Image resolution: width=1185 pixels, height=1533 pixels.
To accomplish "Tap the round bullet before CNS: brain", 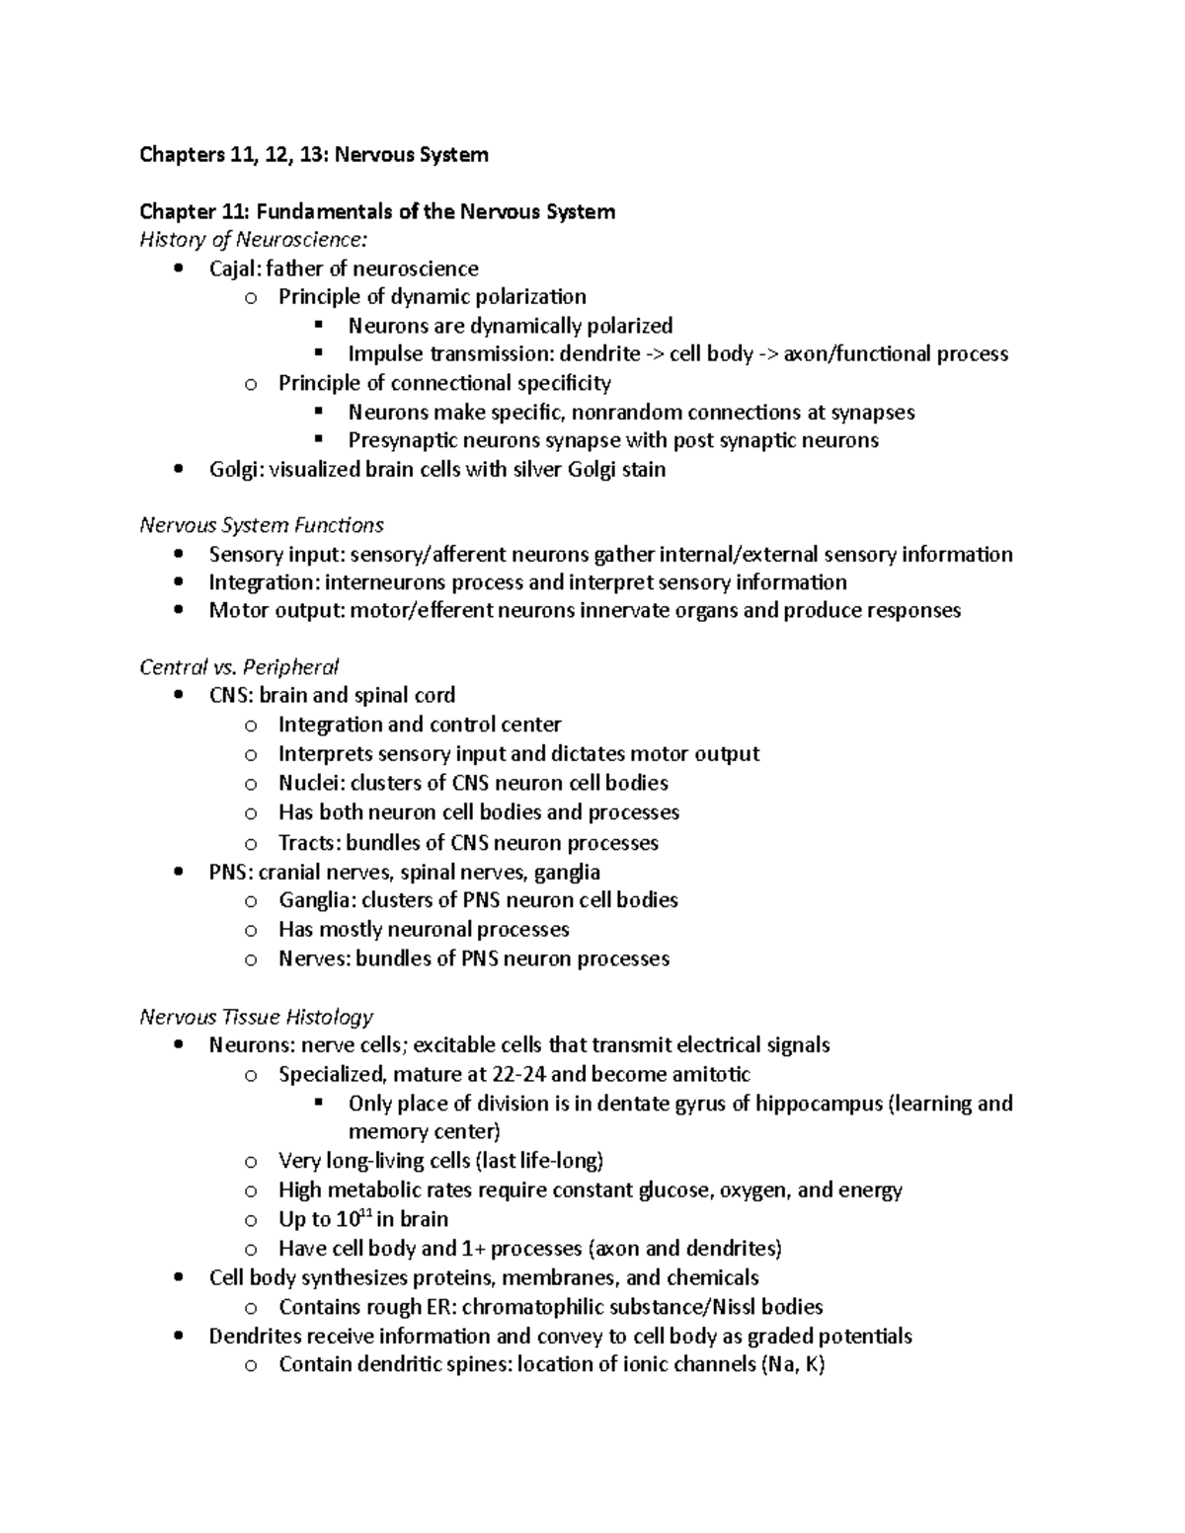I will (x=178, y=695).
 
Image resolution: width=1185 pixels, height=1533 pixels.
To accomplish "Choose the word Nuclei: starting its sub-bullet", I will (x=310, y=783).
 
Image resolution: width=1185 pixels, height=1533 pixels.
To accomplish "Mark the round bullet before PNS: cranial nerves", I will (x=178, y=872).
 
